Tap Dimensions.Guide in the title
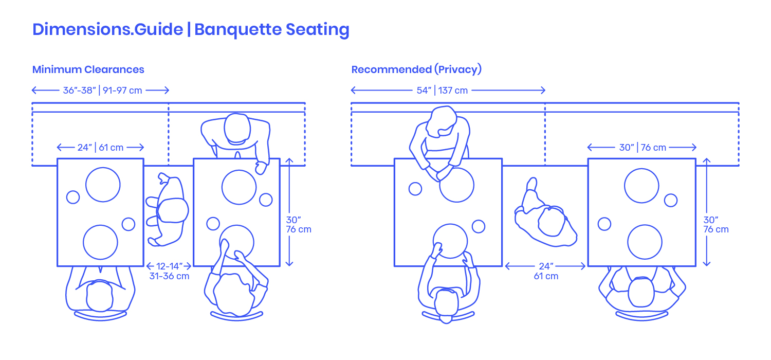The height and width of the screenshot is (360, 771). (x=107, y=30)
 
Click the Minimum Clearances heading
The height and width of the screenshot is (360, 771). (x=88, y=69)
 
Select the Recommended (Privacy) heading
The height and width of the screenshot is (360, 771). (x=416, y=69)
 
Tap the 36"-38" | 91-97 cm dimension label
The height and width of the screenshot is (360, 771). (x=102, y=91)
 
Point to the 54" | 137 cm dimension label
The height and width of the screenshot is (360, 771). (x=442, y=91)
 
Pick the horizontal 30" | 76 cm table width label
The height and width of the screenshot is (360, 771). (x=642, y=148)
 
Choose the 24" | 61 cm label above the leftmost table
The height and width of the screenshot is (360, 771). (x=100, y=148)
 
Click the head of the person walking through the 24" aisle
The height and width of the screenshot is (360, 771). (x=552, y=221)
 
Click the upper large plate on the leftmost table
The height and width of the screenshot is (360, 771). (x=103, y=185)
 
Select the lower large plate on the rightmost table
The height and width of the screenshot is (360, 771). (x=645, y=242)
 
